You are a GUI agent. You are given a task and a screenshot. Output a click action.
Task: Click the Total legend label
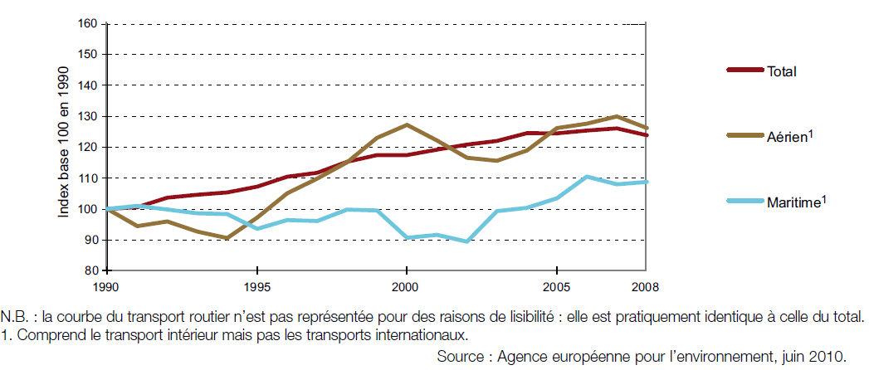click(x=782, y=71)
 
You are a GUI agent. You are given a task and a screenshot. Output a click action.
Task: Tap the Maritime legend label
click(x=792, y=202)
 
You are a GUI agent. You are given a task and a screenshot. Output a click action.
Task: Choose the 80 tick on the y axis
click(x=90, y=270)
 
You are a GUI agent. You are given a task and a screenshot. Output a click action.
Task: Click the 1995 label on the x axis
click(x=257, y=288)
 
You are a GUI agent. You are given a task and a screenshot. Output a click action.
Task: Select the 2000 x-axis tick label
click(x=406, y=288)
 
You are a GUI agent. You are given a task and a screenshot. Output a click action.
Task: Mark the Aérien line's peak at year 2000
click(x=406, y=124)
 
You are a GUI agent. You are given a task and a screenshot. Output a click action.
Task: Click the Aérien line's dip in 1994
click(x=227, y=238)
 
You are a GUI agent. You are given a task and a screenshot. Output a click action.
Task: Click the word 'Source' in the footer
click(x=461, y=357)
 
